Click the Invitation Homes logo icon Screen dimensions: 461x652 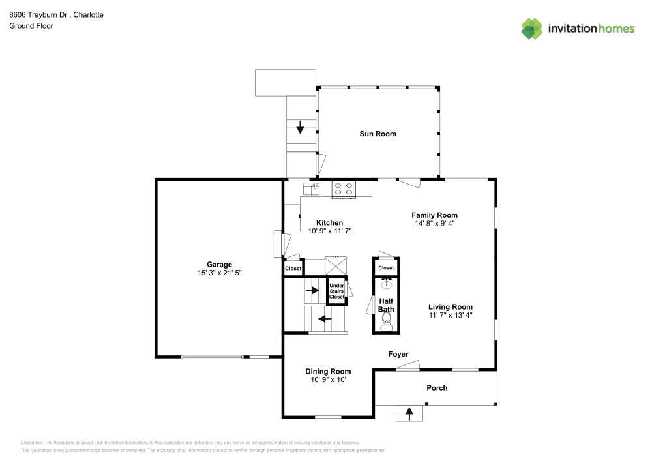point(532,28)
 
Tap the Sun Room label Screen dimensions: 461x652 point(378,134)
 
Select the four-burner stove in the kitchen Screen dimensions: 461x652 point(344,188)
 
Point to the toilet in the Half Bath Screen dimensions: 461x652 point(387,320)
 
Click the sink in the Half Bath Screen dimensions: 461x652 point(387,283)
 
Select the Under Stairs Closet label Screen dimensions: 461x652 point(336,291)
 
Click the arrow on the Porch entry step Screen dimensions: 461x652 point(409,413)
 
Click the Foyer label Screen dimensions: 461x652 point(398,355)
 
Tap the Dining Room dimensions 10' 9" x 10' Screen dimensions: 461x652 point(328,379)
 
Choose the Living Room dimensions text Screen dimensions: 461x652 point(450,315)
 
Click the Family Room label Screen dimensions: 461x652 point(434,215)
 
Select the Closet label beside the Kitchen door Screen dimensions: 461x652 point(293,268)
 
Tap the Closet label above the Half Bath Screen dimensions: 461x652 point(386,268)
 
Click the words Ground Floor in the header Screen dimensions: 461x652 point(31,26)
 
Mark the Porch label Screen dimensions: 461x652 point(437,388)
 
